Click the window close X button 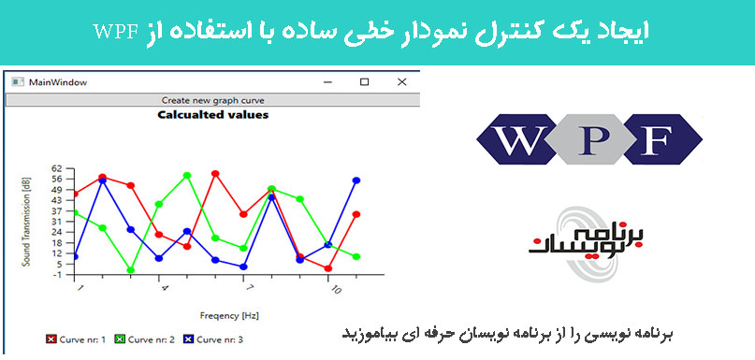coord(401,82)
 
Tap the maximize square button coord(365,82)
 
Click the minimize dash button coord(327,83)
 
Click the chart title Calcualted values coord(212,115)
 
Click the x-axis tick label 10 coord(336,289)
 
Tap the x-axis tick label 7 coord(249,288)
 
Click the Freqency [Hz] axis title coord(229,316)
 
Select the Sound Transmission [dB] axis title coord(26,222)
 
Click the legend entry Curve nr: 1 coord(76,339)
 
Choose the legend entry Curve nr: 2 coord(144,339)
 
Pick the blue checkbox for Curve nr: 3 coord(188,339)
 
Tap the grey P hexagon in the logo coord(589,139)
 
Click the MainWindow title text coord(58,82)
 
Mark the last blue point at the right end coord(356,180)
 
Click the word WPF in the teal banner coord(116,32)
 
